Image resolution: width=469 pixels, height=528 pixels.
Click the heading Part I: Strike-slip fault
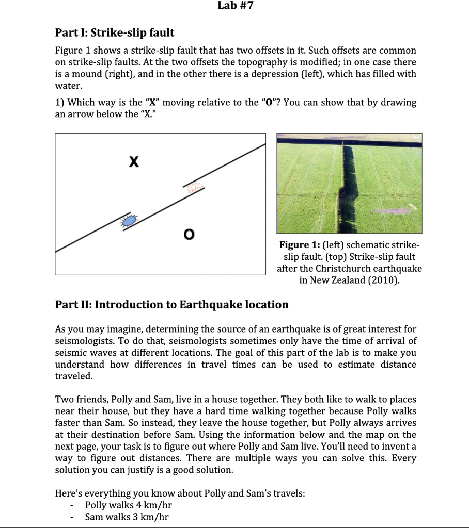coord(115,33)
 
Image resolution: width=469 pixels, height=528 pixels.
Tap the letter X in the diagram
coord(133,163)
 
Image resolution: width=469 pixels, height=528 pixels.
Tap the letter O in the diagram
coord(189,235)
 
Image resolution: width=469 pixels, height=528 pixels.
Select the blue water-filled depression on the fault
coord(129,220)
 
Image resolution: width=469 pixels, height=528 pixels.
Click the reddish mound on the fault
coord(195,186)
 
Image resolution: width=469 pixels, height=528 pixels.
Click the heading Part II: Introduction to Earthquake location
coord(171,305)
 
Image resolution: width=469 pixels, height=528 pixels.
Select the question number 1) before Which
coord(60,102)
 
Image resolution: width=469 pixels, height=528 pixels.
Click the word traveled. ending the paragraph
coord(74,376)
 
